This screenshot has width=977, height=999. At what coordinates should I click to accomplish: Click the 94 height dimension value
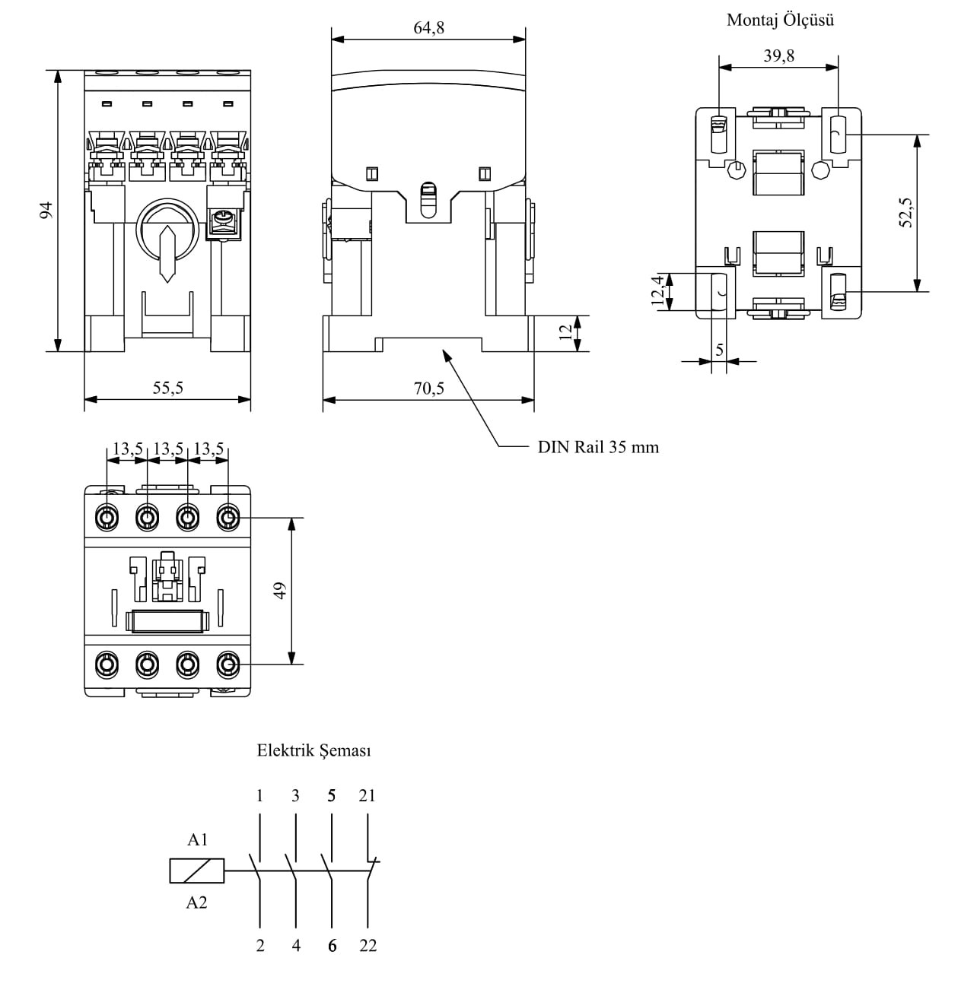(x=46, y=211)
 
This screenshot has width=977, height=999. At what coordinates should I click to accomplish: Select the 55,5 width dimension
(x=168, y=388)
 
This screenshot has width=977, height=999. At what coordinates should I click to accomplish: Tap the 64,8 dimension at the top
(x=429, y=28)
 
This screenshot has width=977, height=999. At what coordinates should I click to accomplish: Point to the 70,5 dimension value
(x=429, y=388)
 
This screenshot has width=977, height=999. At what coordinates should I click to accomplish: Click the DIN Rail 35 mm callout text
(x=598, y=447)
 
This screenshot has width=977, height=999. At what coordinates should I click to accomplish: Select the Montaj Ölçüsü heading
(x=780, y=20)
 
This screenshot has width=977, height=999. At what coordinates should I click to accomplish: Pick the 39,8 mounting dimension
(x=779, y=55)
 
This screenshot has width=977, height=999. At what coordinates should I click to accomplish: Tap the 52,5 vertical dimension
(x=905, y=212)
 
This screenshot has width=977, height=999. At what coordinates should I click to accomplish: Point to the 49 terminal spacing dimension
(x=279, y=591)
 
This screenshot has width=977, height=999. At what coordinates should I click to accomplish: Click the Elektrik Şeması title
(x=313, y=751)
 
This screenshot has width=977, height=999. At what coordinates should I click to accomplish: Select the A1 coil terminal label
(x=197, y=840)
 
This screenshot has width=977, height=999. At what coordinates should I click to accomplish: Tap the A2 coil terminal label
(x=197, y=903)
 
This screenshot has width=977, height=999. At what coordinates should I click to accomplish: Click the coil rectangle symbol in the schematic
(x=197, y=871)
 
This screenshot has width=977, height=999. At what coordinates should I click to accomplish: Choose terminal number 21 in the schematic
(x=368, y=796)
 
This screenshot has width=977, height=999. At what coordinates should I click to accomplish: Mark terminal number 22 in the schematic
(x=368, y=947)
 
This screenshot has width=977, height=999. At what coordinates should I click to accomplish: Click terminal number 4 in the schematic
(x=296, y=947)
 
